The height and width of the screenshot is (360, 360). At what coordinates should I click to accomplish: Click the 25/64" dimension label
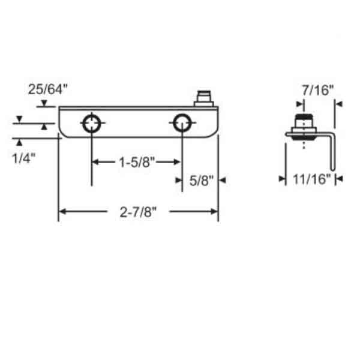48,90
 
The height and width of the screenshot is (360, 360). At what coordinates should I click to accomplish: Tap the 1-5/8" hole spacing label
136,162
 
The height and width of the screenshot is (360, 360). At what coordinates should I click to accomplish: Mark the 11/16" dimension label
309,178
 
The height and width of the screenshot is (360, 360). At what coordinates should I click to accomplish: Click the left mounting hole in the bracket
91,124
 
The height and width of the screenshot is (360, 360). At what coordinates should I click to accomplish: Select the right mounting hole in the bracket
182,124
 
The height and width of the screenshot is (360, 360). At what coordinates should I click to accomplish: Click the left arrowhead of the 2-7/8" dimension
62,211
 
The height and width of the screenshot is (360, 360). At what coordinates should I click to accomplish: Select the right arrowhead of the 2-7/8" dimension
214,211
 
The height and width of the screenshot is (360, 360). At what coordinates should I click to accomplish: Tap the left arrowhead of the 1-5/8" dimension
95,162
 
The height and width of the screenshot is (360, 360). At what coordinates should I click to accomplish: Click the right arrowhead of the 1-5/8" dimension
178,162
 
